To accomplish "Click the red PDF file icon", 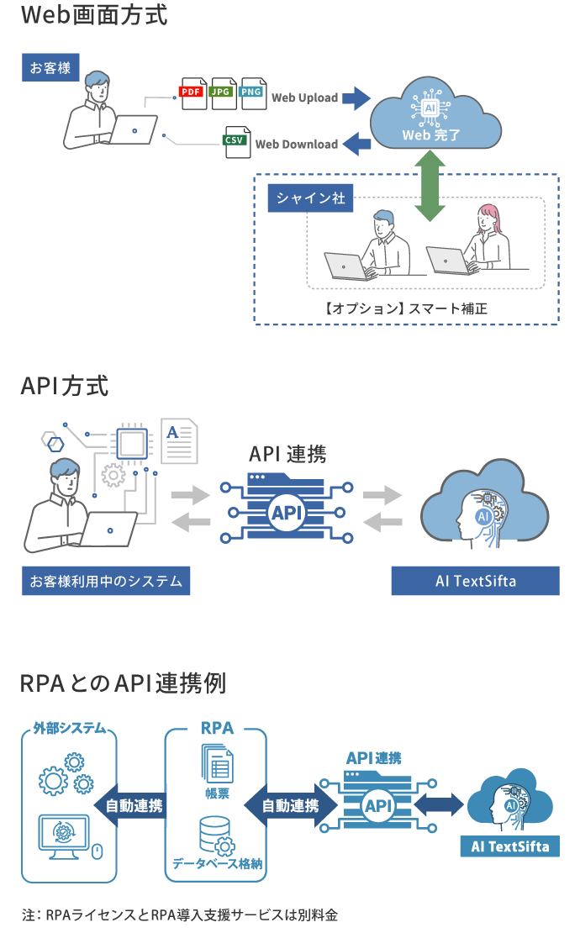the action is click(x=192, y=93).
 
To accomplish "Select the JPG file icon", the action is click(x=223, y=93).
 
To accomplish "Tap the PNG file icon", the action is click(x=252, y=93).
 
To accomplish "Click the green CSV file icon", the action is click(x=236, y=141).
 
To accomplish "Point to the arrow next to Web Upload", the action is click(x=356, y=98).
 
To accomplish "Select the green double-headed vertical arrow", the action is click(x=430, y=186).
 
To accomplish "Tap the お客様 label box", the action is click(x=50, y=67).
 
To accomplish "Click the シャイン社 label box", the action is click(x=310, y=198).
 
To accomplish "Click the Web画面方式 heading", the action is click(x=94, y=15).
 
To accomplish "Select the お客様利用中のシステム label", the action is click(x=106, y=581).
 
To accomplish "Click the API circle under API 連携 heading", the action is click(x=287, y=512).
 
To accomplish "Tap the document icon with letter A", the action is click(x=179, y=441).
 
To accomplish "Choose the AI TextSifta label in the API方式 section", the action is click(x=475, y=581).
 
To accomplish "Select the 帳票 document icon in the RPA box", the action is click(x=217, y=765).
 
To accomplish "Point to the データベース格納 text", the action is click(x=217, y=863).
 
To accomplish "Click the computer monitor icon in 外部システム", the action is click(x=64, y=836).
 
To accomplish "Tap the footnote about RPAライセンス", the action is click(x=180, y=915).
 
